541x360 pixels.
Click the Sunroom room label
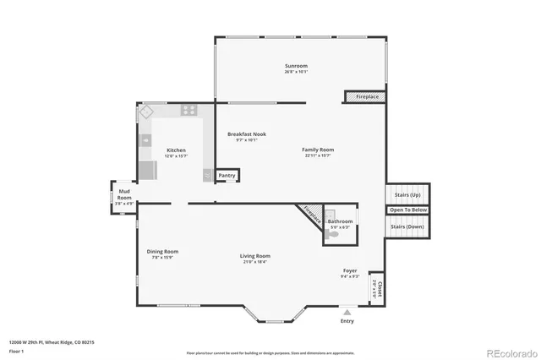(296, 66)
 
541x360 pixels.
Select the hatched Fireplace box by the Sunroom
(366, 97)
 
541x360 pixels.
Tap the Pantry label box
(227, 176)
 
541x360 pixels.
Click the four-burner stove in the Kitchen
(188, 110)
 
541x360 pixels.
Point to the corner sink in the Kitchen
(146, 112)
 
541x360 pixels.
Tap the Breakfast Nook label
(246, 134)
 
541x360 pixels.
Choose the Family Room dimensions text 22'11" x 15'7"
(318, 155)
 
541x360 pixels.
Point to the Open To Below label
(408, 210)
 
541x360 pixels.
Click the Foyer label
(350, 270)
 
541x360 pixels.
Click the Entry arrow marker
(347, 312)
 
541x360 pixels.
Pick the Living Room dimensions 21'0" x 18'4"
(254, 262)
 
